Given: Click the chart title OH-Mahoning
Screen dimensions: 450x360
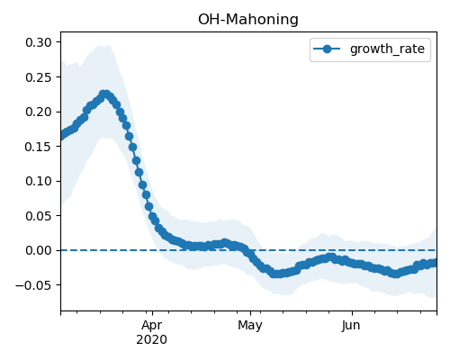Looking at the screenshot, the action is coord(248,20).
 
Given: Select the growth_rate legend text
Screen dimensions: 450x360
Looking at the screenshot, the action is coord(387,49).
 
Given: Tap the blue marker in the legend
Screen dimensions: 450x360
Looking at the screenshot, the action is coord(327,49).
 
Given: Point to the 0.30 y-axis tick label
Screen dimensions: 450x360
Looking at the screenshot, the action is coord(39,42).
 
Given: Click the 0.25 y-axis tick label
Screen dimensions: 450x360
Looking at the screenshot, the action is coord(39,77).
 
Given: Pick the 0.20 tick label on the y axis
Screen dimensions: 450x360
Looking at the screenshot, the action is coord(39,112).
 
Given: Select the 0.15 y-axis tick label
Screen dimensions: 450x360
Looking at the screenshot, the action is coord(39,147).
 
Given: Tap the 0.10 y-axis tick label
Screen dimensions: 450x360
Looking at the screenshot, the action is coord(39,181).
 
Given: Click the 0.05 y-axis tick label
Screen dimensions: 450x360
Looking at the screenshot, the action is coord(39,216).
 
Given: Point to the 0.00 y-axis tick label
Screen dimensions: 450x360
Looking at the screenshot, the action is coord(39,250).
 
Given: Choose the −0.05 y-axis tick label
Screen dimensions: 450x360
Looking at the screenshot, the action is coord(33,285).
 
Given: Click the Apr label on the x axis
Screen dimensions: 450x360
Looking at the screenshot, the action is coord(152,326).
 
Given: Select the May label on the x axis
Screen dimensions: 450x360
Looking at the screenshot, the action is coord(250,326).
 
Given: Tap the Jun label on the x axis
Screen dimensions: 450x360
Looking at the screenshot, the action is coord(351,326).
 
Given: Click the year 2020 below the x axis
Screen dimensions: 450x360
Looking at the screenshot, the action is coord(151,340).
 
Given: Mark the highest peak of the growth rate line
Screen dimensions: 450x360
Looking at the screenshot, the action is coord(104,94).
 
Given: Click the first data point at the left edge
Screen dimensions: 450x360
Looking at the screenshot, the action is coord(61,136).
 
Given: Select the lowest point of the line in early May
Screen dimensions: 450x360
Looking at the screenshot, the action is coord(276,274).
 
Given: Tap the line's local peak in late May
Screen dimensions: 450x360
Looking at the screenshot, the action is coord(330,256).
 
